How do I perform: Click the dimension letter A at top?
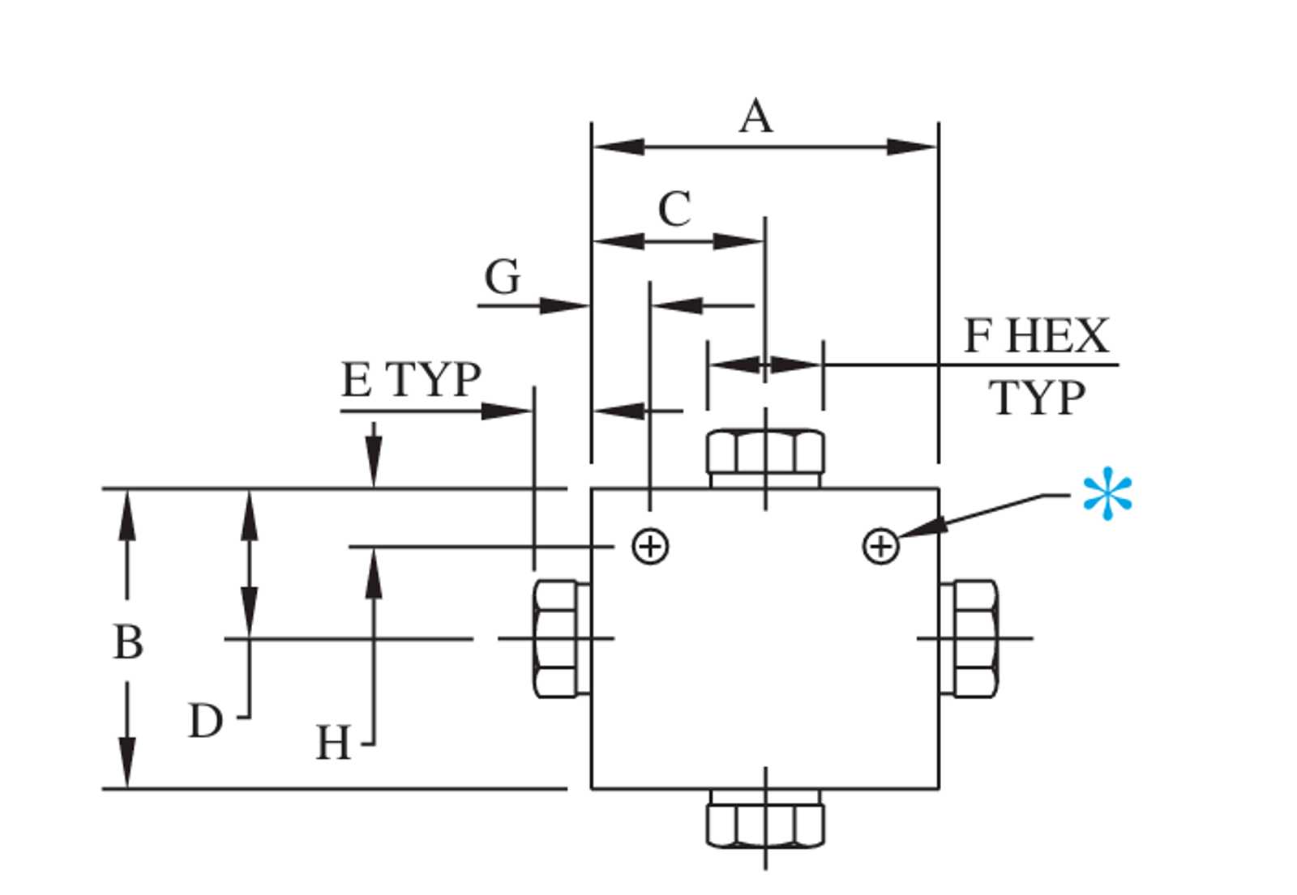pos(756,117)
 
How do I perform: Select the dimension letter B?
pos(127,641)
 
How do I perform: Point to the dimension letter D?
pos(206,721)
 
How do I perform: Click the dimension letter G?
pos(502,276)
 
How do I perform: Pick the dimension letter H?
pos(333,742)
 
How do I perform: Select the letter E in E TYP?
pos(356,380)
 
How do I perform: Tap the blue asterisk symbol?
pos(1107,493)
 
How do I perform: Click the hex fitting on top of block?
pos(765,458)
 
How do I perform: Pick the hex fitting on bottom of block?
pos(765,819)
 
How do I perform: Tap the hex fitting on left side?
pos(562,639)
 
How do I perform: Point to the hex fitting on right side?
pos(969,639)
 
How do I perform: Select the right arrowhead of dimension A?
pos(911,147)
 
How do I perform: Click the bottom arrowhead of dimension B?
pos(127,762)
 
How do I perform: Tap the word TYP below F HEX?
pos(1037,398)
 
